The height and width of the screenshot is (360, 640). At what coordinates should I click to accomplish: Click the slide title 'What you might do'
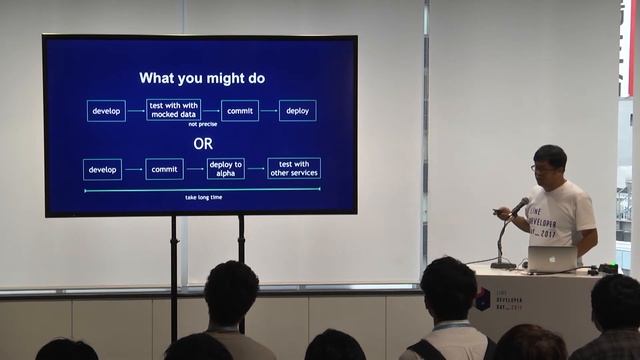201,78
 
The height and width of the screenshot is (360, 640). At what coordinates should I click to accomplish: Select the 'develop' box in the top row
106,110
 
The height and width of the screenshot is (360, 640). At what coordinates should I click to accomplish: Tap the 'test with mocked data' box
173,110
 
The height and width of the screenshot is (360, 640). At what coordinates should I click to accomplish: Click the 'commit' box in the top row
239,110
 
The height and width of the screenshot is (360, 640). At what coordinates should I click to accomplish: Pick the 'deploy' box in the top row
297,110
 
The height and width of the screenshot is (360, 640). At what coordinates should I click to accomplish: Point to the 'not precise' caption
202,126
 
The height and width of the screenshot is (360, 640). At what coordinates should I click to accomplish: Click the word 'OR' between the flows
203,144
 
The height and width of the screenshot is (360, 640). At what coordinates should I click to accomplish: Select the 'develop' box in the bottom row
102,169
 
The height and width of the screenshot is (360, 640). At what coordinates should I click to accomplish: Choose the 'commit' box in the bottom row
164,169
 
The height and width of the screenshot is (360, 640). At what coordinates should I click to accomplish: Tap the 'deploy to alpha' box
225,169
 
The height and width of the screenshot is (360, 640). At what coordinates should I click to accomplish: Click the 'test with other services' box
293,168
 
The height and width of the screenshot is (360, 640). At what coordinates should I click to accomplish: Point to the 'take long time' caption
203,197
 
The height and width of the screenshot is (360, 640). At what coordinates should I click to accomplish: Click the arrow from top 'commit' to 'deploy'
268,110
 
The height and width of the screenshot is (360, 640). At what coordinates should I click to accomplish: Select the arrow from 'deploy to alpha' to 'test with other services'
255,169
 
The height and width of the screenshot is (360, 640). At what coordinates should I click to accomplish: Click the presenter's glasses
543,168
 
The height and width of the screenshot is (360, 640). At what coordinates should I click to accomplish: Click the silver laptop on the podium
553,259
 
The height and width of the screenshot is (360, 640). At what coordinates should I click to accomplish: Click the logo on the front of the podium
483,298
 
